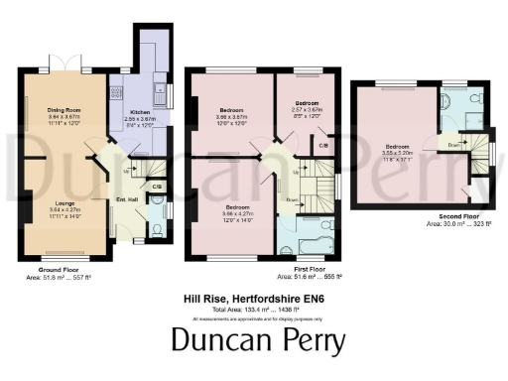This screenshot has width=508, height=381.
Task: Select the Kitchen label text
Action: (x=137, y=113)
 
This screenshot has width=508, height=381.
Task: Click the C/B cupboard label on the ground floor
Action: (x=157, y=187)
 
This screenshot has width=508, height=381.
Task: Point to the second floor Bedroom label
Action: (x=398, y=147)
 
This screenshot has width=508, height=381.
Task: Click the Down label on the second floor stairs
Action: (x=453, y=143)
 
